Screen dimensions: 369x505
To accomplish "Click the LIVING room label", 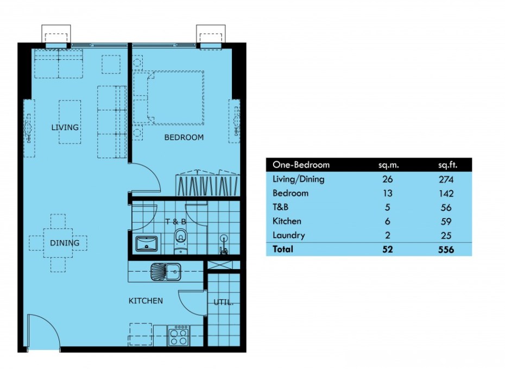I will pyautogui.click(x=65, y=127).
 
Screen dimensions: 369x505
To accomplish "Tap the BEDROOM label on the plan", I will pyautogui.click(x=184, y=137).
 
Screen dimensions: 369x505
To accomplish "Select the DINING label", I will pyautogui.click(x=65, y=243).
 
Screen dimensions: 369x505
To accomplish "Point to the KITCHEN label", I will pyautogui.click(x=146, y=301).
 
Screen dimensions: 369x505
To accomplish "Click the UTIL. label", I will pyautogui.click(x=223, y=302).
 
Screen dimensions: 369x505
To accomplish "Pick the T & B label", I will pyautogui.click(x=176, y=221).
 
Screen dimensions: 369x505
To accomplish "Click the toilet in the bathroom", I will pyautogui.click(x=180, y=241).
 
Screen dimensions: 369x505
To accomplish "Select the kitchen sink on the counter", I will pyautogui.click(x=166, y=271).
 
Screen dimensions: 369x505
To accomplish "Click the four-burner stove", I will pyautogui.click(x=179, y=335).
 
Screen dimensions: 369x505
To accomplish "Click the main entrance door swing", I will pyautogui.click(x=42, y=331).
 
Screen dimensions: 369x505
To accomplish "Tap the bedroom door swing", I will pyautogui.click(x=144, y=177).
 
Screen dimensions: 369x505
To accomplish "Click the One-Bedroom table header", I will pyautogui.click(x=301, y=165).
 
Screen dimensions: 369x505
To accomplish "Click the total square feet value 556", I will pyautogui.click(x=447, y=249).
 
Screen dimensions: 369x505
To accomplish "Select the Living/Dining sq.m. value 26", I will pyautogui.click(x=387, y=179).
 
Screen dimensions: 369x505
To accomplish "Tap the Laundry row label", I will pyautogui.click(x=288, y=235).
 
